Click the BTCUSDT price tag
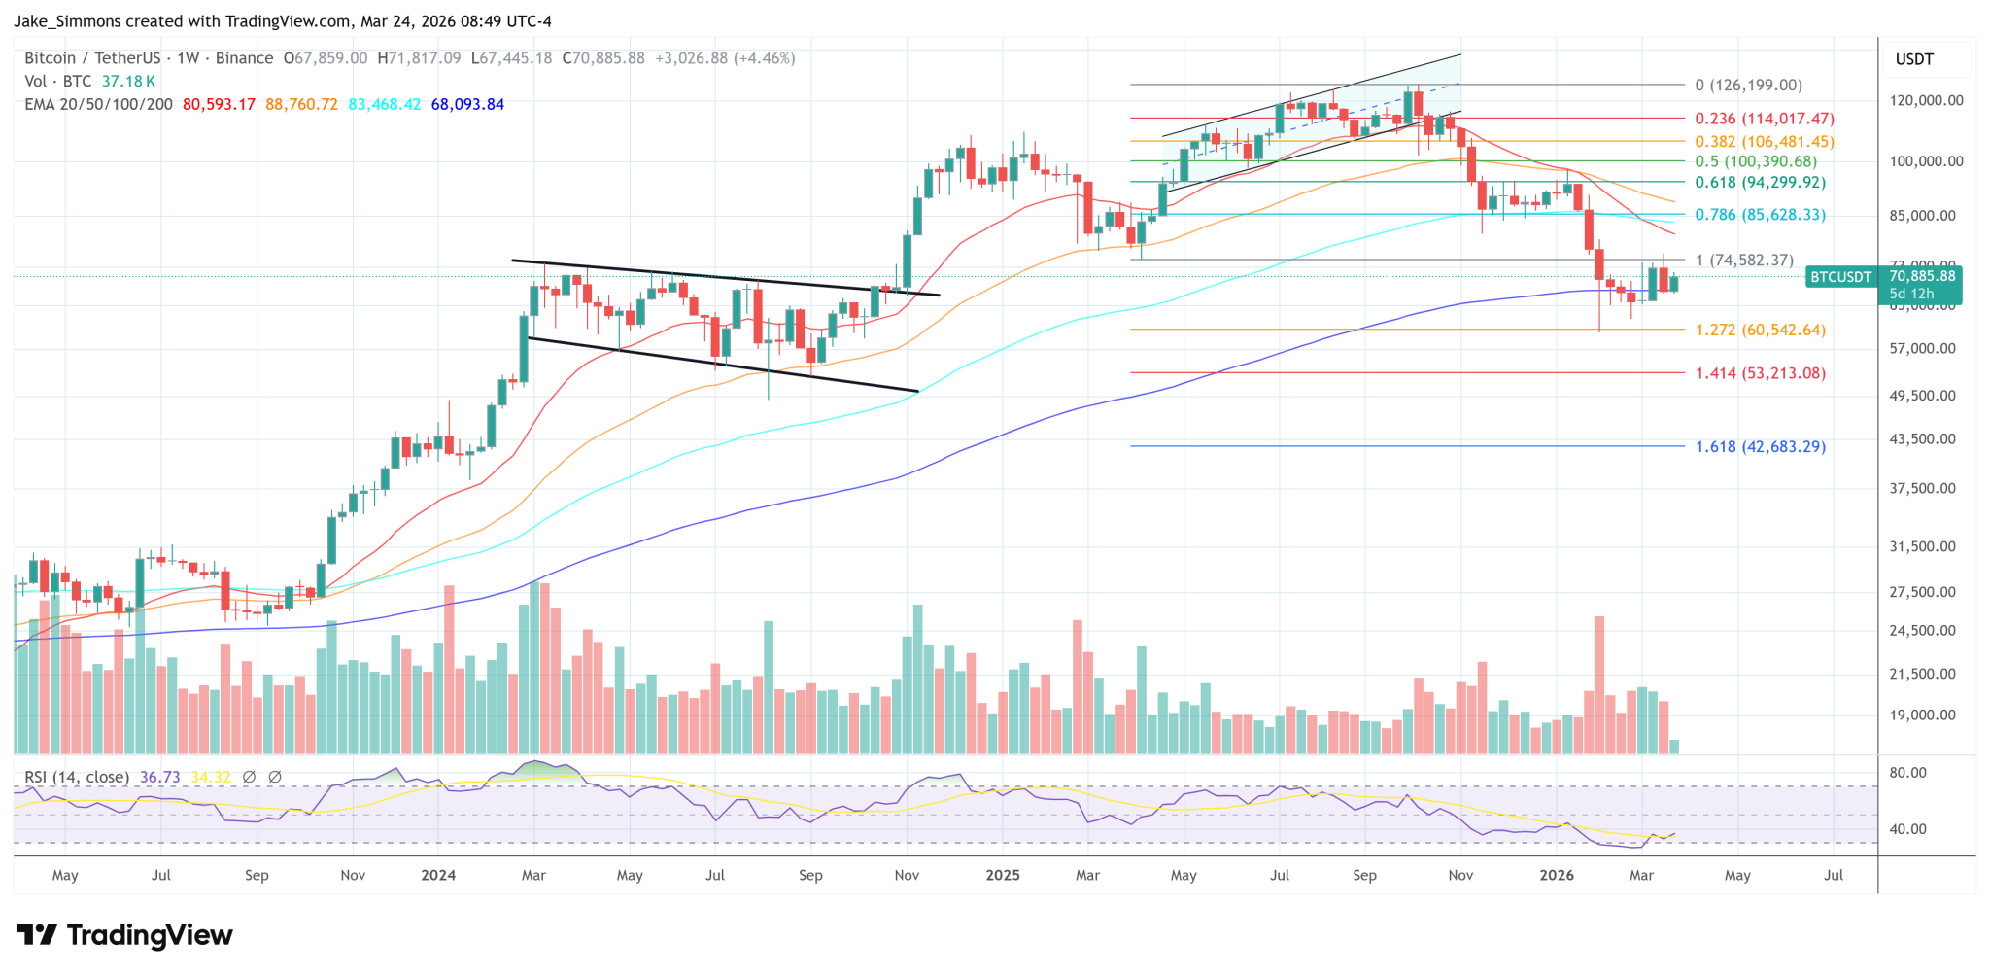1840,277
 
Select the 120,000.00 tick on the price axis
1926,100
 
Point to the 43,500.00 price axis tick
1922,438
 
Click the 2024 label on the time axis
438,875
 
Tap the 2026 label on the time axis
1557,875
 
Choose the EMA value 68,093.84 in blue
467,104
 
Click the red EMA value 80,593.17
219,104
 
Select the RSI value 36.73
159,777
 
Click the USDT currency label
1914,59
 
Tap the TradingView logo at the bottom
124,935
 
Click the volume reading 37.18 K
128,82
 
